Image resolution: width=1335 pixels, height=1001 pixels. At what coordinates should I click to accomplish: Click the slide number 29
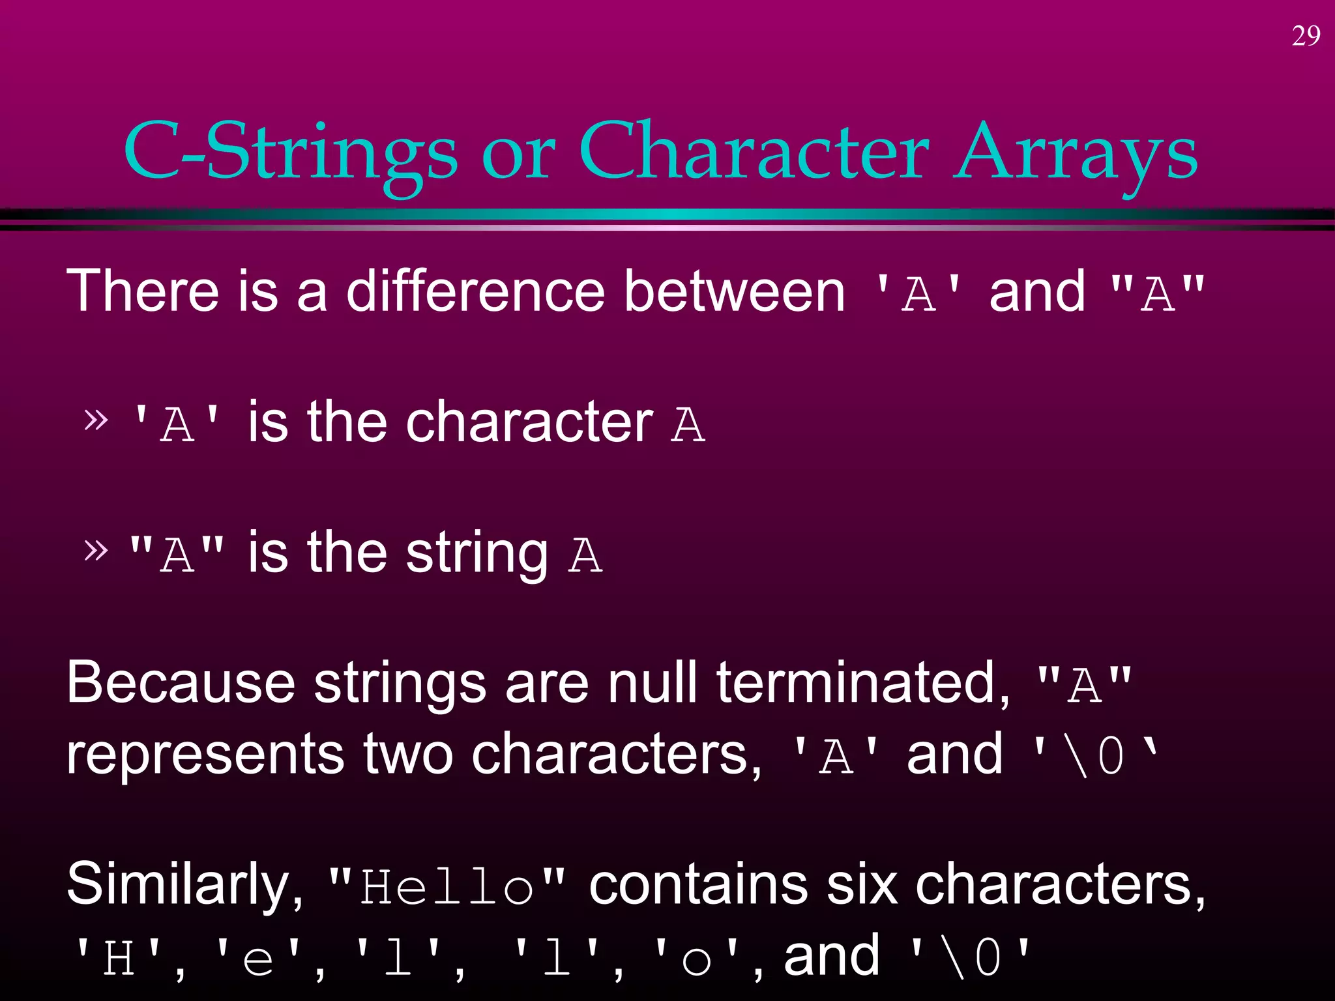[x=1306, y=36]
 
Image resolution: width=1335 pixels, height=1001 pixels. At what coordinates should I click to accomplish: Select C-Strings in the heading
[x=291, y=154]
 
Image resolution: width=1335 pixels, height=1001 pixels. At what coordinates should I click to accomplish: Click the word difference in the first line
[x=476, y=291]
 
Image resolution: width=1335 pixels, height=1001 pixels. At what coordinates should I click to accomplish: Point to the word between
[x=735, y=291]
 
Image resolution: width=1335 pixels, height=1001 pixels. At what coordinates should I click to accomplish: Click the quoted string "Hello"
[x=447, y=888]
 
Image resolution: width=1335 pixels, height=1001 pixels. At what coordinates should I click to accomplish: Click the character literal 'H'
[x=119, y=958]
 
